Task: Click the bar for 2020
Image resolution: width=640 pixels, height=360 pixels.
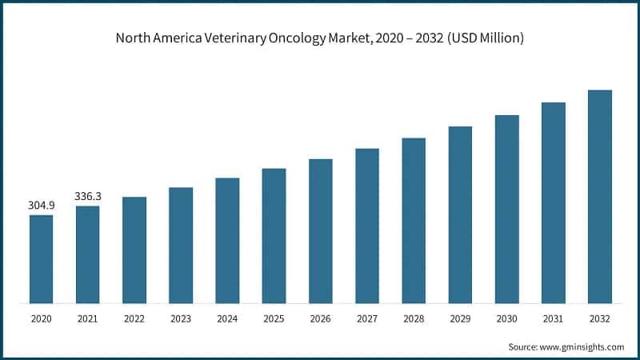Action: point(42,259)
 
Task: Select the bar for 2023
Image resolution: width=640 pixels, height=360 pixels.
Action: point(181,246)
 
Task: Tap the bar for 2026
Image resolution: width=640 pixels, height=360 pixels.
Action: point(320,231)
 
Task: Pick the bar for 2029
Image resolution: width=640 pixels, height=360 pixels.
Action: point(460,215)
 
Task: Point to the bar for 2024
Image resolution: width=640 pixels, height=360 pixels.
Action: point(227,241)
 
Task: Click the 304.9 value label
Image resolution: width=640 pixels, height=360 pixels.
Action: point(42,206)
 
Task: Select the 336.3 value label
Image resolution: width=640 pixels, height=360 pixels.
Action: point(88,196)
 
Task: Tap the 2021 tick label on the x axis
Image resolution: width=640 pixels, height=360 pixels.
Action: point(88,318)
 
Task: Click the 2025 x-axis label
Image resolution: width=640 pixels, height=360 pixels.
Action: point(274,318)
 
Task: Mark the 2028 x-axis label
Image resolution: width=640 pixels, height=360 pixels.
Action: point(414,318)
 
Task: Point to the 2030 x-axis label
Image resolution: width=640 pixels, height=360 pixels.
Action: point(506,318)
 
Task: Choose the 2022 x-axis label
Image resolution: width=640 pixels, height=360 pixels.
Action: point(134,318)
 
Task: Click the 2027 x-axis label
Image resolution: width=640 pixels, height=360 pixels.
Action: point(367,318)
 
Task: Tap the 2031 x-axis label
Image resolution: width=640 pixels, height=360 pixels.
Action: point(553,318)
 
